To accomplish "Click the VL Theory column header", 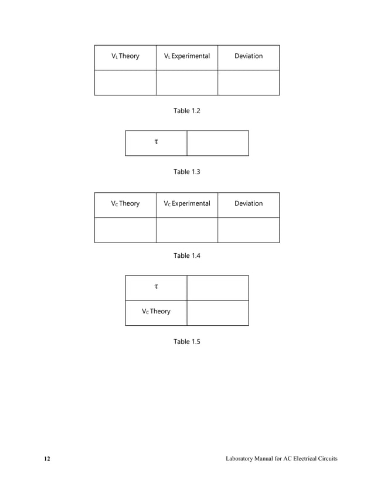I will [x=125, y=56].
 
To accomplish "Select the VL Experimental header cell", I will [x=186, y=56].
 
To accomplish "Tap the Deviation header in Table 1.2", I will [x=248, y=56].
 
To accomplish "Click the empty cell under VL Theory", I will [x=125, y=83].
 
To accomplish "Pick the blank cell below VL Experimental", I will [x=186, y=83].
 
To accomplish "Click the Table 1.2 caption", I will [x=186, y=110].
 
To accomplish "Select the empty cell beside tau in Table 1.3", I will [x=217, y=143].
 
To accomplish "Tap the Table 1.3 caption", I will [x=186, y=172].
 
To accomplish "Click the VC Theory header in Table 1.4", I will [x=125, y=204].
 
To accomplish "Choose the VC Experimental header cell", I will [x=186, y=204].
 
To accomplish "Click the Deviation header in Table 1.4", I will [x=248, y=204].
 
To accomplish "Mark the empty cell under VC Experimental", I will [x=186, y=230].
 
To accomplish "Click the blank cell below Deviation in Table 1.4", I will [x=248, y=230].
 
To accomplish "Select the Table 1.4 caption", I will [x=186, y=255].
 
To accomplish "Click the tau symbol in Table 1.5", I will [x=156, y=287].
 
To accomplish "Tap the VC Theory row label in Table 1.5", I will [x=156, y=312].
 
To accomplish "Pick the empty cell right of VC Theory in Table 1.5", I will [x=217, y=313].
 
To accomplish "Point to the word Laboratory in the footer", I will [x=242, y=458].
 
